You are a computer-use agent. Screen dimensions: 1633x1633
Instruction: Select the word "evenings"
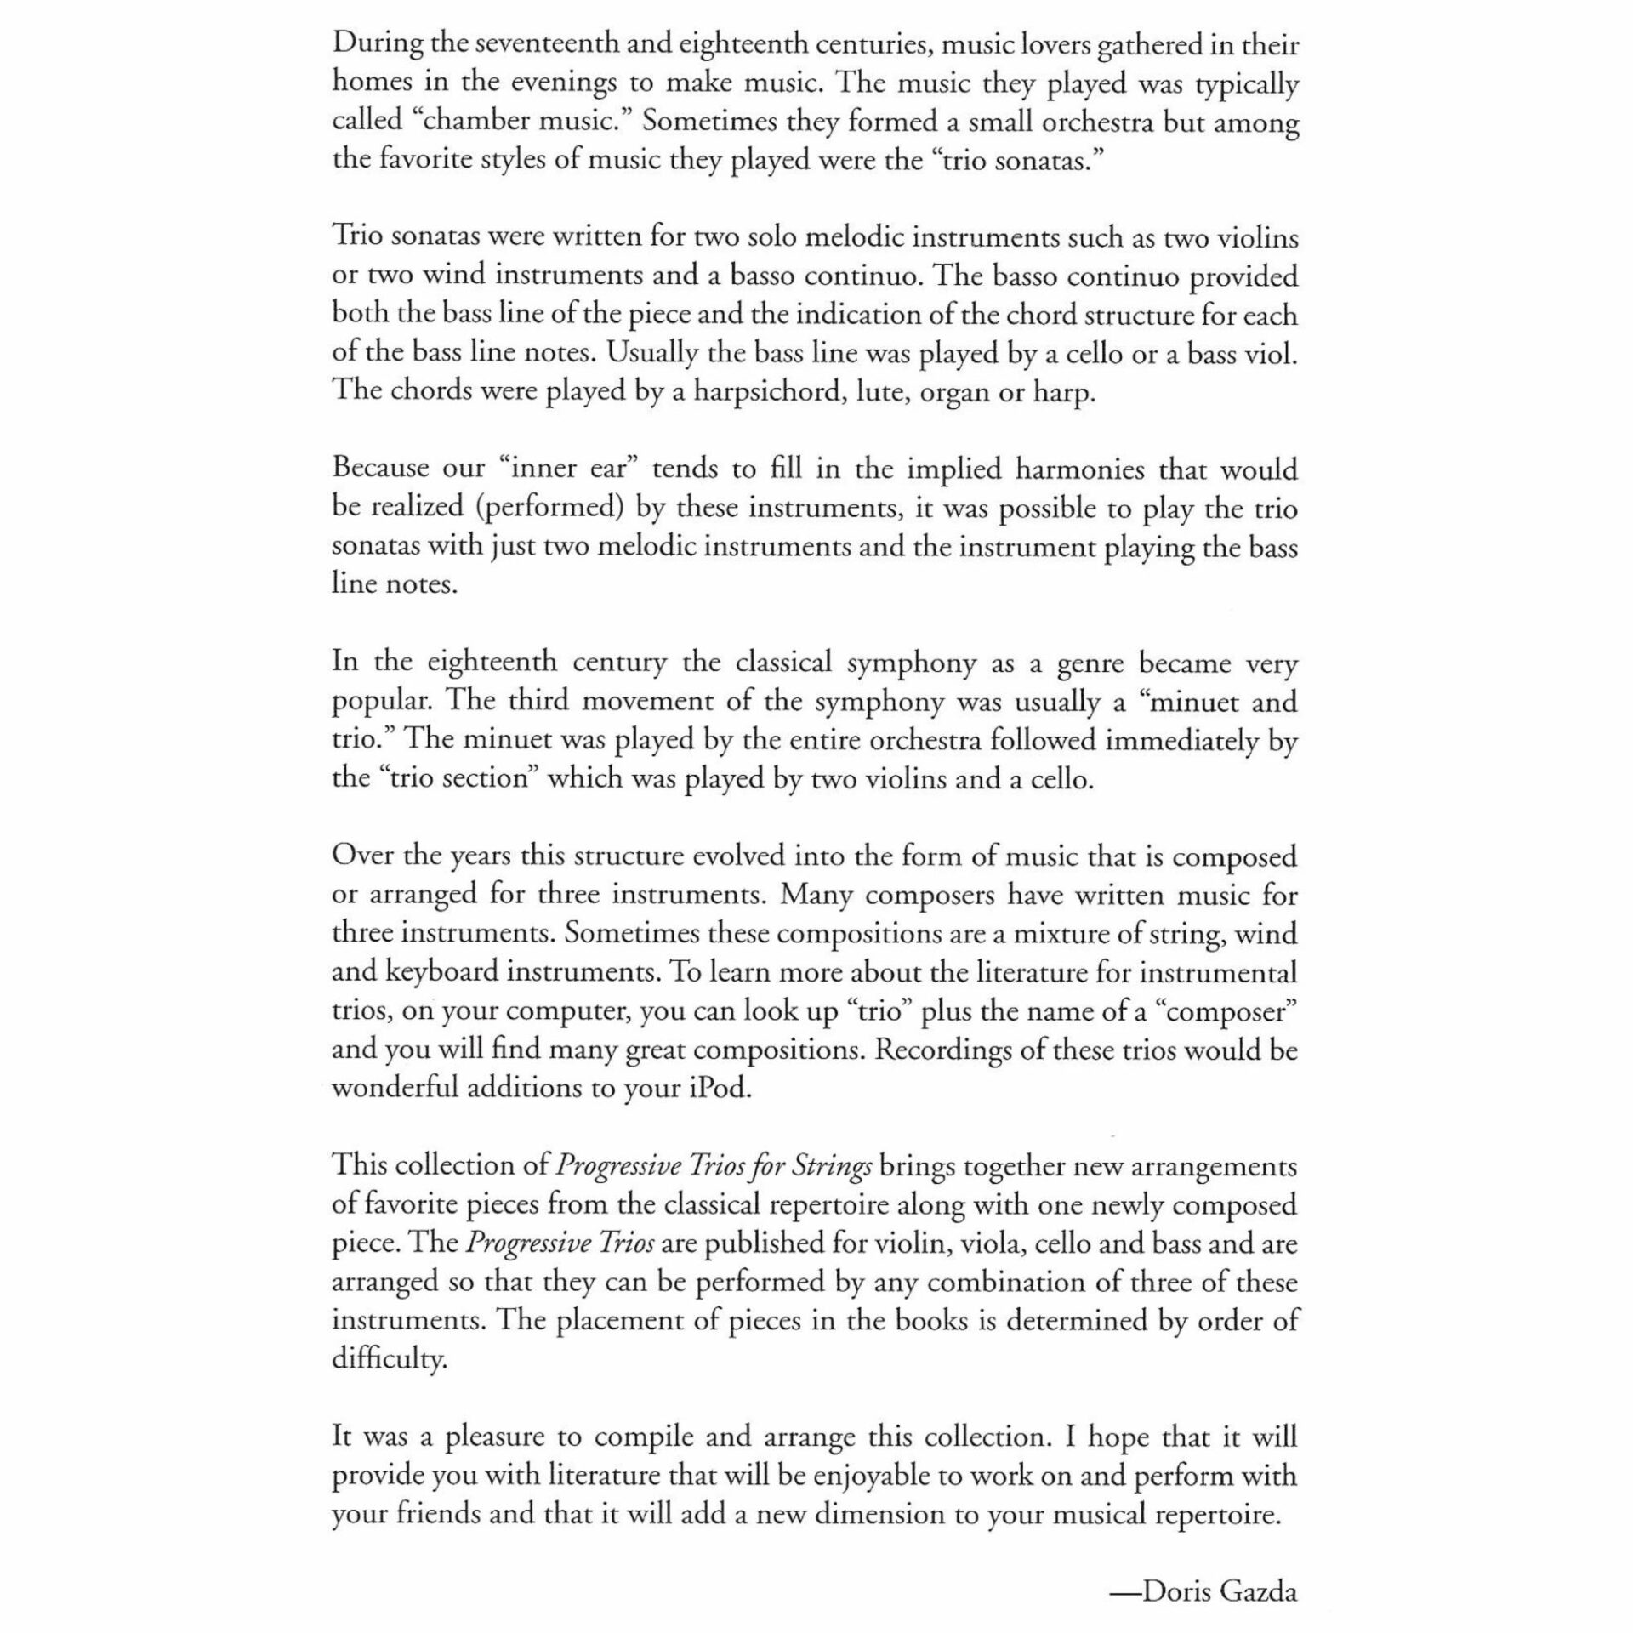558,83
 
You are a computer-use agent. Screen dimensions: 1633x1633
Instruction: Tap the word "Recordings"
942,1050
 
